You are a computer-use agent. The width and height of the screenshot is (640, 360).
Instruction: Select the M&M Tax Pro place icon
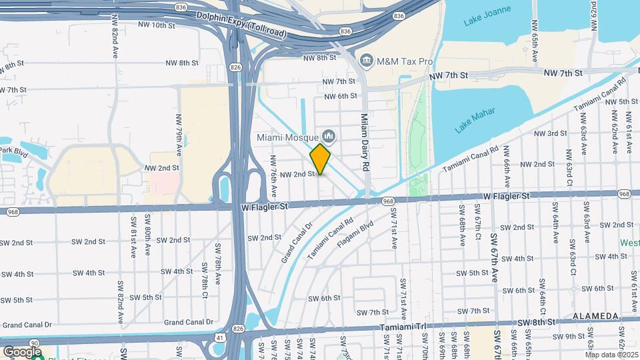(367, 61)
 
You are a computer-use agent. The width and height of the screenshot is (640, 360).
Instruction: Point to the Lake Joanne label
(482, 21)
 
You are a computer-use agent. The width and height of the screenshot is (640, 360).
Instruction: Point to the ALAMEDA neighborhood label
(595, 315)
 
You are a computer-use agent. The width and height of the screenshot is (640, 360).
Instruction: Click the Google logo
(22, 351)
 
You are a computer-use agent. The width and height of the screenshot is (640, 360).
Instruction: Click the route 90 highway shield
(34, 342)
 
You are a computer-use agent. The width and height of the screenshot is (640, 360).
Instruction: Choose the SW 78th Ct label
(205, 279)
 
